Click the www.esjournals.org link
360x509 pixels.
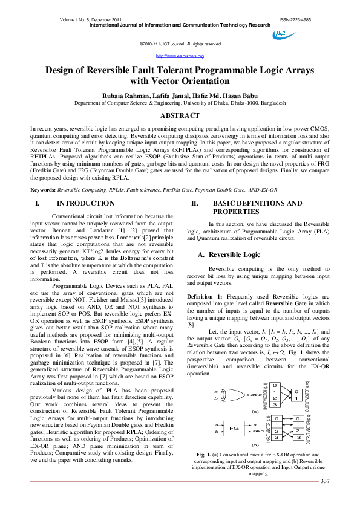click(x=180, y=56)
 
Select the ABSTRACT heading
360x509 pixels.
click(x=180, y=115)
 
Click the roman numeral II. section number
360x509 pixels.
click(x=195, y=204)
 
